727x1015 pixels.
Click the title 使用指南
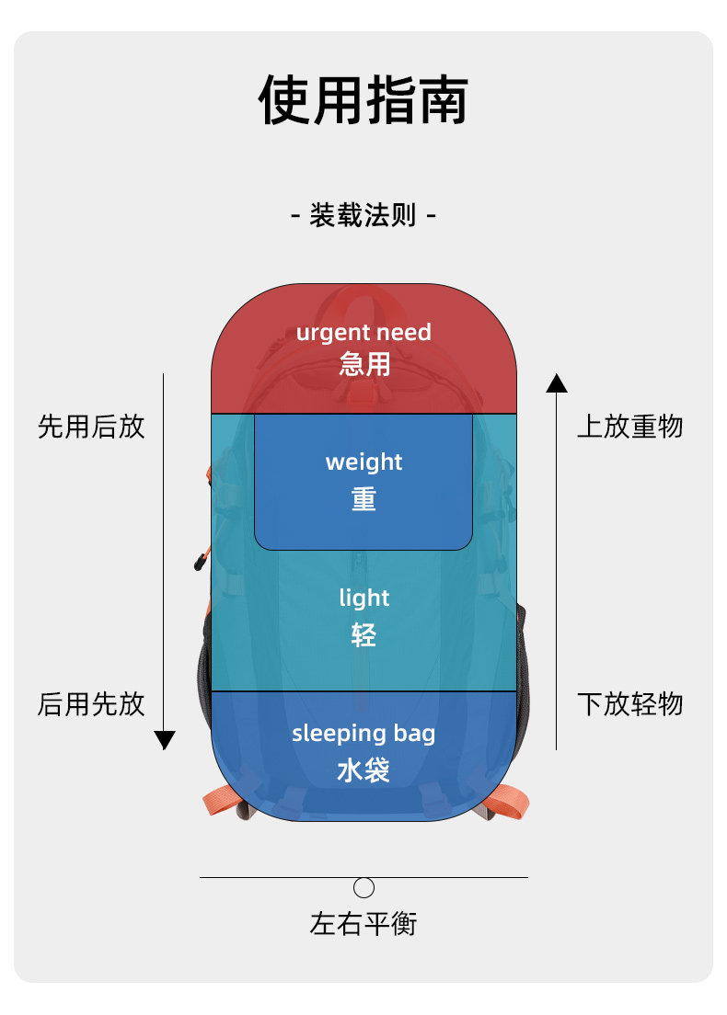pyautogui.click(x=363, y=100)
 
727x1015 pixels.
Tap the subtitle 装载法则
pyautogui.click(x=363, y=216)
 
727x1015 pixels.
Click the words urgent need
pyautogui.click(x=363, y=332)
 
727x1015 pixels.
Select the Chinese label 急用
pyautogui.click(x=363, y=364)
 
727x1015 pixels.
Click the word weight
pyautogui.click(x=363, y=462)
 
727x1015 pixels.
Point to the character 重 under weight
pyautogui.click(x=363, y=498)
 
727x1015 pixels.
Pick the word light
pyautogui.click(x=363, y=598)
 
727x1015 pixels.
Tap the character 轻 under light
pyautogui.click(x=363, y=634)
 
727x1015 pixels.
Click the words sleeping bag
pyautogui.click(x=363, y=733)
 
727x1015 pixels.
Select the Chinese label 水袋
pyautogui.click(x=363, y=770)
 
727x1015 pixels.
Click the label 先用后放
pyautogui.click(x=91, y=427)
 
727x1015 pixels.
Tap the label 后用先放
pyautogui.click(x=91, y=704)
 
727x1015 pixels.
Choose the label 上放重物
pyautogui.click(x=630, y=427)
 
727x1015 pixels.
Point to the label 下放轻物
pyautogui.click(x=630, y=704)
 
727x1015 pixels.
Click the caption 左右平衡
pyautogui.click(x=363, y=923)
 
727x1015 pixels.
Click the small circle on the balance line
pyautogui.click(x=364, y=887)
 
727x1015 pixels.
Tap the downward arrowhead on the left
pyautogui.click(x=164, y=740)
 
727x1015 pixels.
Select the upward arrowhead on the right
pyautogui.click(x=557, y=383)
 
